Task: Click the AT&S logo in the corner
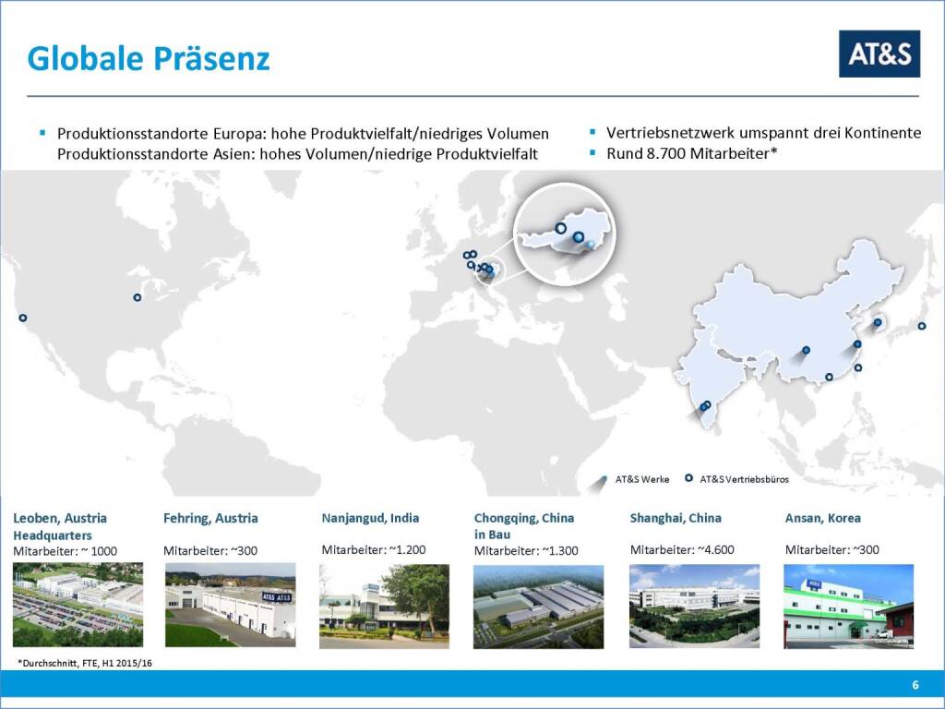(x=879, y=54)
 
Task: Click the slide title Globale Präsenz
(x=149, y=58)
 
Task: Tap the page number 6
(x=915, y=685)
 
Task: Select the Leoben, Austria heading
(x=60, y=518)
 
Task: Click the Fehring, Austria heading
(x=210, y=518)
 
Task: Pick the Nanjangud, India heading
(x=370, y=518)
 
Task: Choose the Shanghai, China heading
(x=676, y=518)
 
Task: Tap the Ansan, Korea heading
(x=822, y=518)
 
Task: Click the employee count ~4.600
(x=716, y=550)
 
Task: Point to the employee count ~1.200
(x=407, y=550)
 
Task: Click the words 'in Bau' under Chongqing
(x=493, y=535)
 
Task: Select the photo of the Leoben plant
(x=78, y=605)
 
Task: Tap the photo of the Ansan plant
(x=849, y=606)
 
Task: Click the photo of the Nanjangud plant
(x=384, y=606)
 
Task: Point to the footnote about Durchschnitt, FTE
(x=85, y=663)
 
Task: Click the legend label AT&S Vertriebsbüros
(x=745, y=479)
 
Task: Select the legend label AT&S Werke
(x=642, y=479)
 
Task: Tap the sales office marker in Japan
(x=922, y=326)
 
